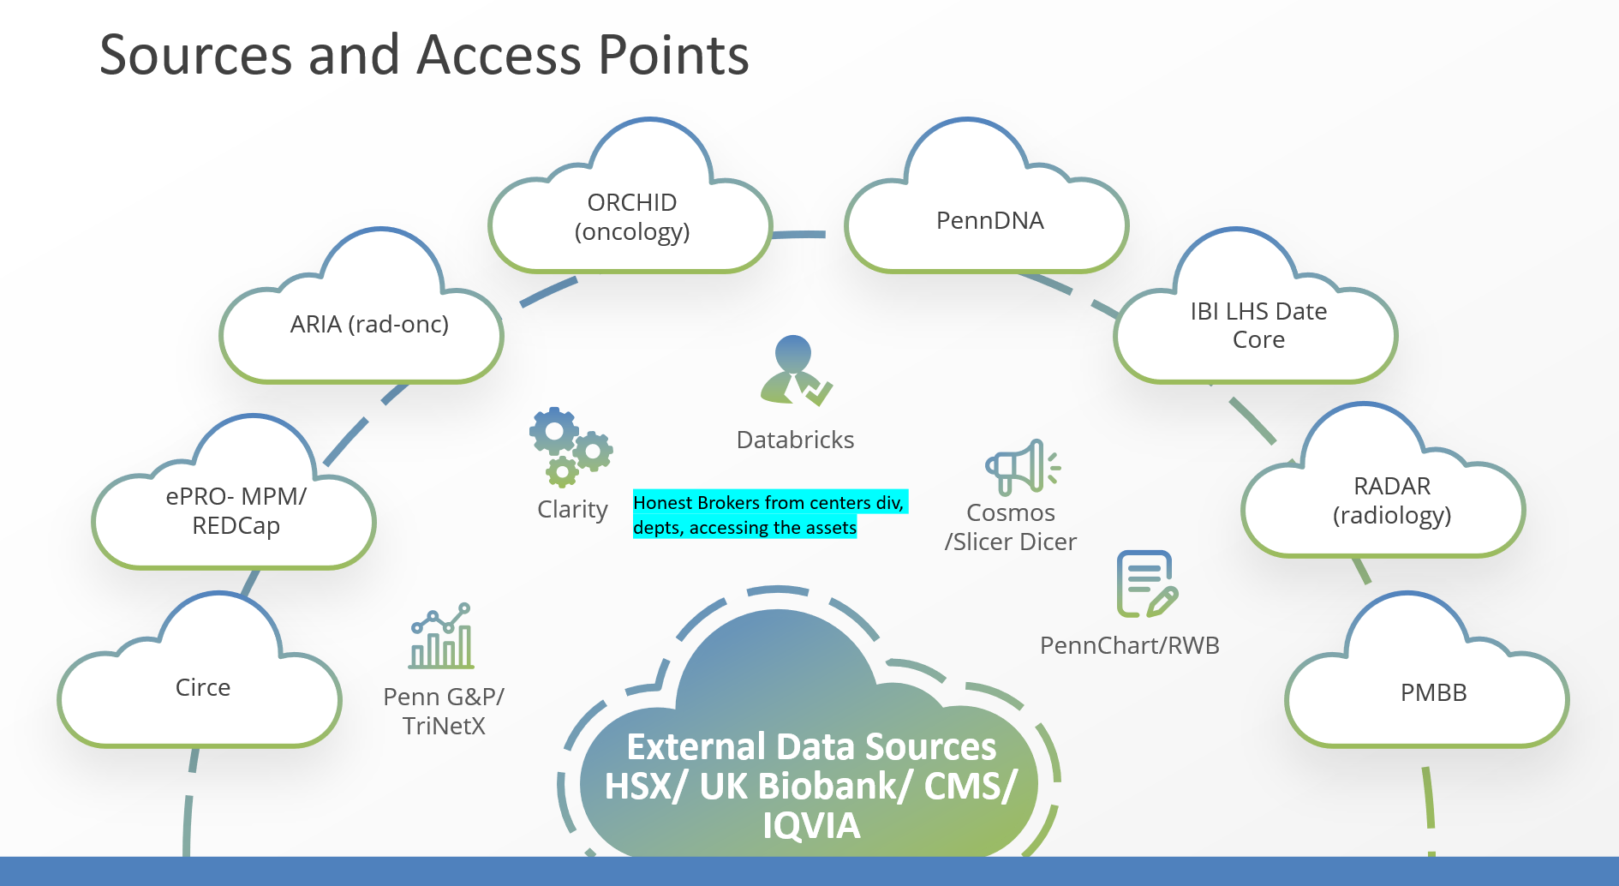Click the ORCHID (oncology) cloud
pyautogui.click(x=631, y=218)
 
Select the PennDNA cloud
pyautogui.click(x=989, y=221)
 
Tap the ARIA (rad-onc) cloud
pyautogui.click(x=368, y=325)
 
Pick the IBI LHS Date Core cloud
pyautogui.click(x=1258, y=326)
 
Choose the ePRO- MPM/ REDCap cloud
pyautogui.click(x=236, y=511)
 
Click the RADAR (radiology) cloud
pyautogui.click(x=1391, y=500)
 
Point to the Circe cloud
pyautogui.click(x=203, y=688)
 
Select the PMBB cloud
pyautogui.click(x=1433, y=692)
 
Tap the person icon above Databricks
pyautogui.click(x=795, y=370)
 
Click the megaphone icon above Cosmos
pyautogui.click(x=1022, y=467)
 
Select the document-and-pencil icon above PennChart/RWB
pyautogui.click(x=1146, y=584)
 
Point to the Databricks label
pyautogui.click(x=795, y=440)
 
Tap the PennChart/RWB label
pyautogui.click(x=1129, y=646)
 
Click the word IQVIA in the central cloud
pyautogui.click(x=811, y=826)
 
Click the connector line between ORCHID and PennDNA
pyautogui.click(x=799, y=234)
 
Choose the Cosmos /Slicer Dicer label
pyautogui.click(x=1011, y=527)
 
